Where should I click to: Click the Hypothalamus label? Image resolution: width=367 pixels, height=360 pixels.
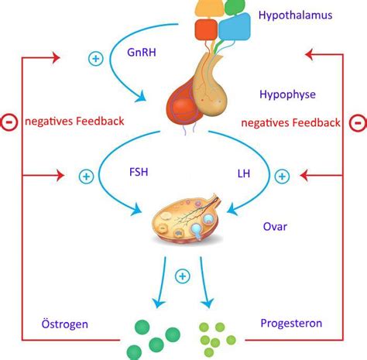coord(295,15)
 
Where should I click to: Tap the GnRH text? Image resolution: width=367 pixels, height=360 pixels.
coord(142,53)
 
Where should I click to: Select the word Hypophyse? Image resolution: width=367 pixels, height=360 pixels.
coord(287,94)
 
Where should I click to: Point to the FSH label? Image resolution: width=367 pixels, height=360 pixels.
coord(139,172)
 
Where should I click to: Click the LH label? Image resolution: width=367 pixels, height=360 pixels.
coord(244,173)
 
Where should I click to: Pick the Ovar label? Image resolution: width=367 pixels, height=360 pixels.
coord(275,227)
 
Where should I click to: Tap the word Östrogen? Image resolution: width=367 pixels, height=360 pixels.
coord(65,324)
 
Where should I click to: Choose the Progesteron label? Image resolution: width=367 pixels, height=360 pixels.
coord(291,324)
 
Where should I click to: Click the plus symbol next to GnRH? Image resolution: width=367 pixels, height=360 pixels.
coord(96,59)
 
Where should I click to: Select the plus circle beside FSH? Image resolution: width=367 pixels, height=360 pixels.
coord(86,177)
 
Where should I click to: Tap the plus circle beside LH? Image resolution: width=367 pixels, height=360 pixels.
coord(282,177)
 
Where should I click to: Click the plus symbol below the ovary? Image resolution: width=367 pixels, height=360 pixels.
coord(183,276)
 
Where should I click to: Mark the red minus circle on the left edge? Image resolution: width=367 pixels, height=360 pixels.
coord(9,122)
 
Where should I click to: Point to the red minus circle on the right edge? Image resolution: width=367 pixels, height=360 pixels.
coord(358,123)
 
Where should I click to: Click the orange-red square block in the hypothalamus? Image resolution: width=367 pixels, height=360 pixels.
coord(206,29)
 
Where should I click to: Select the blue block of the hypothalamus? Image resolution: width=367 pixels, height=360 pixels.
coord(235,27)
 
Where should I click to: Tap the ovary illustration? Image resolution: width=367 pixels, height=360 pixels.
coord(187,219)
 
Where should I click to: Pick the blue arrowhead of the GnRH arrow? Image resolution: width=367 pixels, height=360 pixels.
coord(141,97)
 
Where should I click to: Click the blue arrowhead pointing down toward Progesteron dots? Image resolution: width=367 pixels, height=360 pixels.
coord(208,303)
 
